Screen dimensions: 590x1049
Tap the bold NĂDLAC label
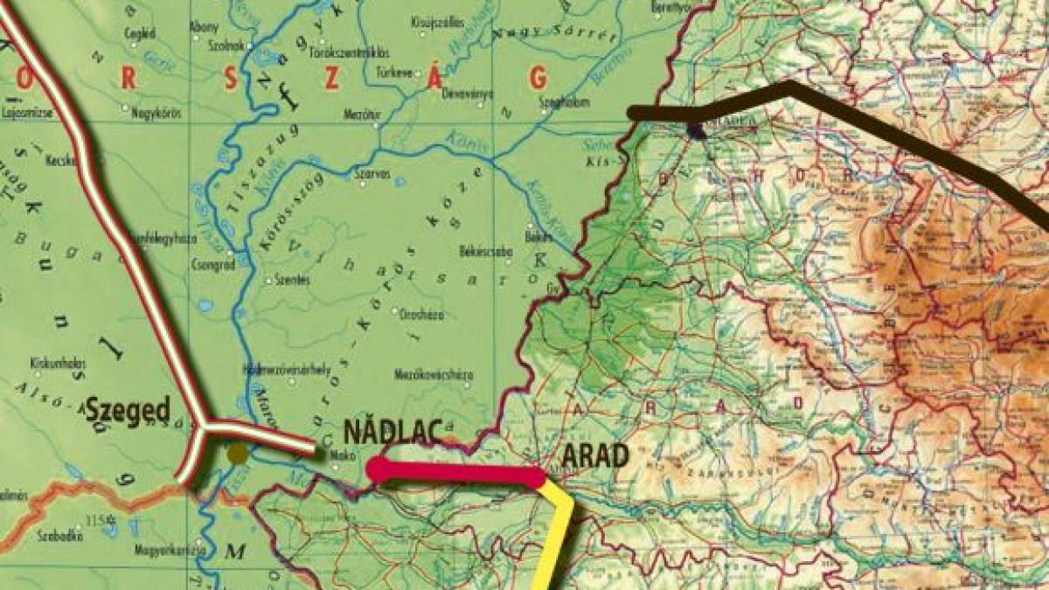389,431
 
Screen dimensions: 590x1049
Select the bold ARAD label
594,455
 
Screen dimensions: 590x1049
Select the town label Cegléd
140,33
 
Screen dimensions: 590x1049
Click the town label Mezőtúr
360,113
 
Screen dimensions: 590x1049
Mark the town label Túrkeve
393,73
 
